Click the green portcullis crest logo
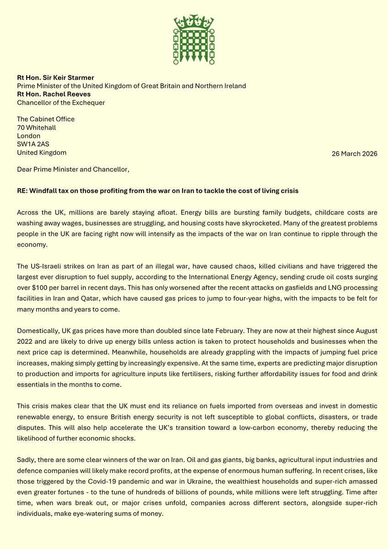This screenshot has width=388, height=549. (194, 39)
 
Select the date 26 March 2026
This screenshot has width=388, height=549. (355, 154)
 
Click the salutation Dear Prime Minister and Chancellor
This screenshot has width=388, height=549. (73, 169)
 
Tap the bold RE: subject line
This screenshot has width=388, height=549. (157, 190)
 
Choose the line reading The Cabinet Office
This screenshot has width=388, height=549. (46, 120)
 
